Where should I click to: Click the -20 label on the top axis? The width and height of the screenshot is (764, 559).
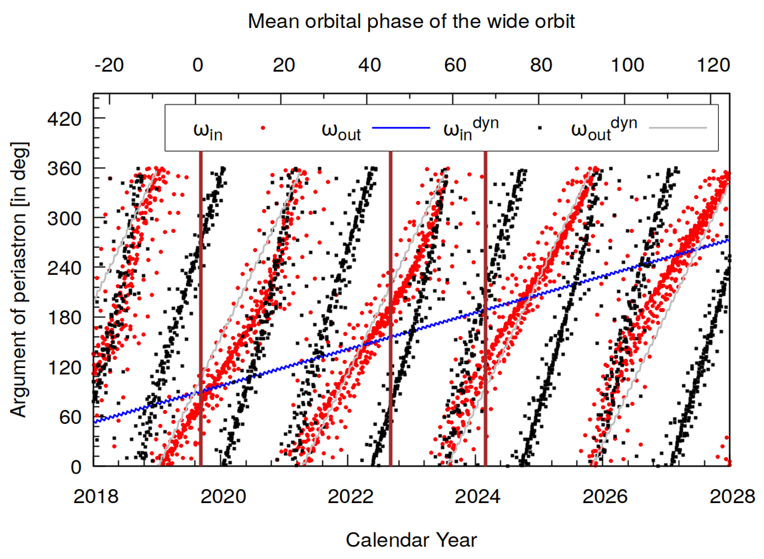(x=109, y=65)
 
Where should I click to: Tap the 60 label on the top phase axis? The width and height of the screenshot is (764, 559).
(x=455, y=65)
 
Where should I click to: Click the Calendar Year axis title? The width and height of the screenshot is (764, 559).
(x=411, y=539)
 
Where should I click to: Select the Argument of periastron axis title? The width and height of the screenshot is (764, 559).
(x=20, y=279)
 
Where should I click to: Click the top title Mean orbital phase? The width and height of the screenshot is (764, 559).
(x=411, y=21)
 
